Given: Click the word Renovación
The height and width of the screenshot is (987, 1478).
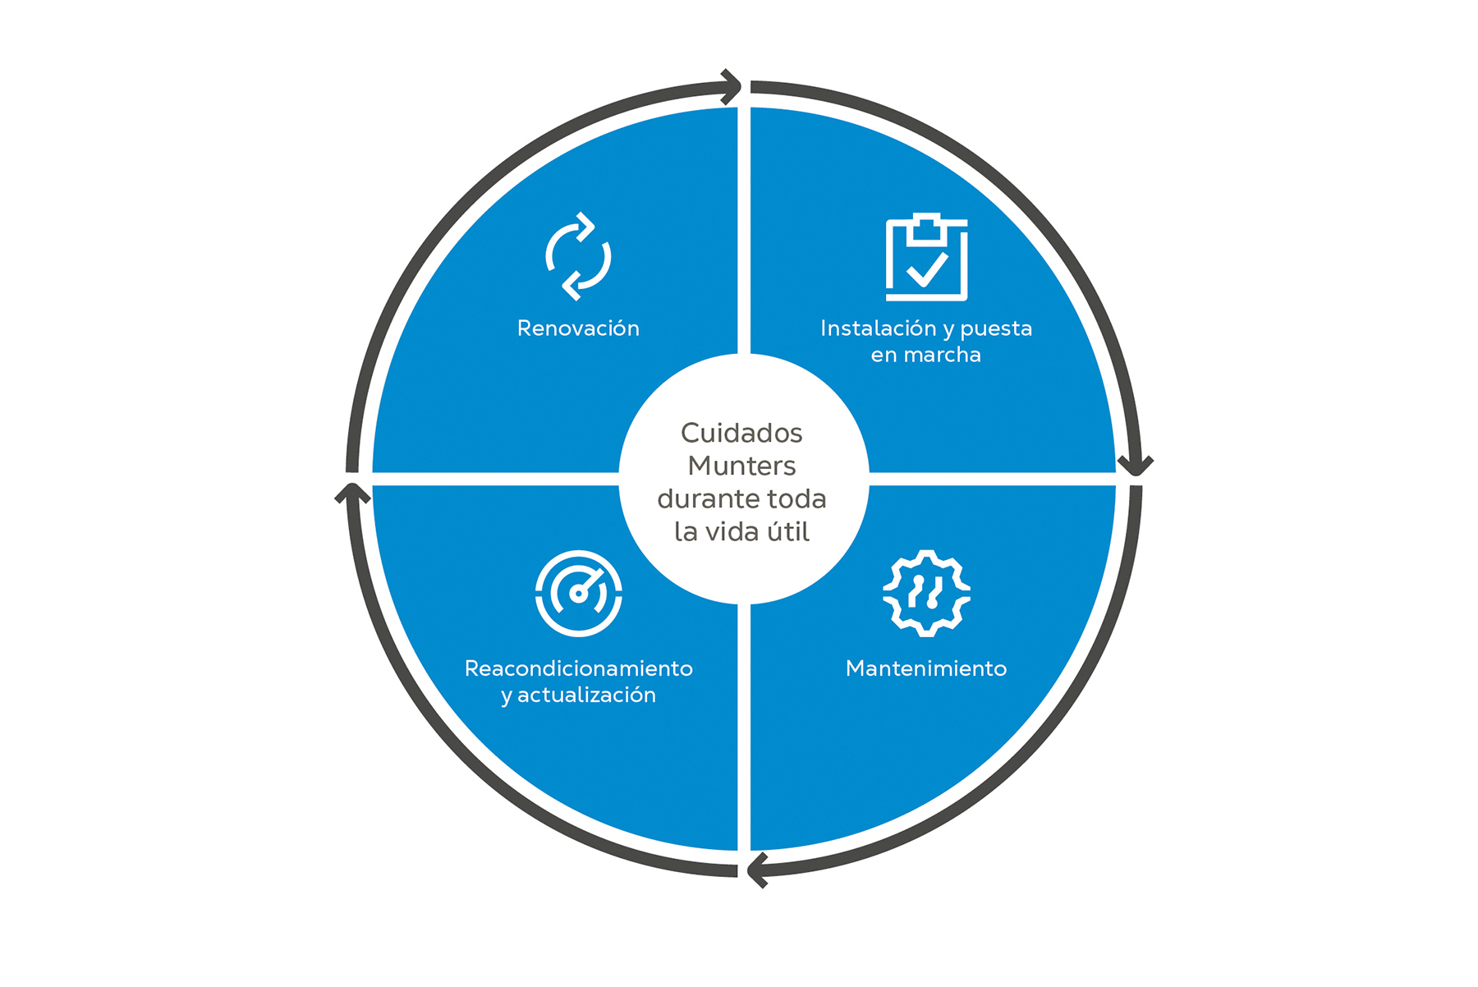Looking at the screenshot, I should [x=578, y=328].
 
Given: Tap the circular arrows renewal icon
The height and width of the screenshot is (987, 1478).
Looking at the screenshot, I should [x=578, y=257].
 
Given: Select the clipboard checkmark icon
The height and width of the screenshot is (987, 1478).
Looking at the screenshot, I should [x=926, y=257].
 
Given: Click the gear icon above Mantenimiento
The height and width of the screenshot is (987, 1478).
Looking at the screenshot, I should [x=926, y=593].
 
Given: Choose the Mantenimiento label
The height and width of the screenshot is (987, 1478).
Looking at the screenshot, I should [x=926, y=668].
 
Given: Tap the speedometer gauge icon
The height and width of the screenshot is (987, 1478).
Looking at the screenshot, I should [x=578, y=593].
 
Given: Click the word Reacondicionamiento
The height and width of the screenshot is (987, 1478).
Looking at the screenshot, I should [x=578, y=668].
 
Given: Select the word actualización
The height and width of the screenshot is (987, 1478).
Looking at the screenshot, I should [x=586, y=695].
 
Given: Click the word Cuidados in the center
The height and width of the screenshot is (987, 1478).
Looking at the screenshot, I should [x=741, y=433].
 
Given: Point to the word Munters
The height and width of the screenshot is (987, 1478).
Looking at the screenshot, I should [x=741, y=466].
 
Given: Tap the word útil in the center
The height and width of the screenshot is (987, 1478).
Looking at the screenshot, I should [x=787, y=532].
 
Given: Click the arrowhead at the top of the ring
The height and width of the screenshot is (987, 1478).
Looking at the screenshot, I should [x=732, y=86].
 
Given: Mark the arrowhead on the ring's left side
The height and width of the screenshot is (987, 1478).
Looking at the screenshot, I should [x=352, y=493].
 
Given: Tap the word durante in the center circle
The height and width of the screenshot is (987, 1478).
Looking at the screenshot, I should [x=696, y=498].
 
